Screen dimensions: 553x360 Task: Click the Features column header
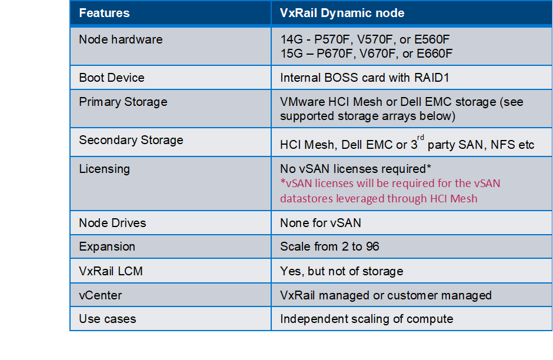point(104,13)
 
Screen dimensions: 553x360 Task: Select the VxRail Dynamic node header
point(342,13)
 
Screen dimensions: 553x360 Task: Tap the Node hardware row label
point(121,39)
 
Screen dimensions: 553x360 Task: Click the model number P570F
point(332,39)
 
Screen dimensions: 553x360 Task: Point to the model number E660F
point(434,54)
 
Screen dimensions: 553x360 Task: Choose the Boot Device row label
point(112,78)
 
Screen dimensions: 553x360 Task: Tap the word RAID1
point(431,78)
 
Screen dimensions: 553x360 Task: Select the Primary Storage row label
point(123,102)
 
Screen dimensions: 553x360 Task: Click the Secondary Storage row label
point(131,140)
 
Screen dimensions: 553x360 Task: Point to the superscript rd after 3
point(421,138)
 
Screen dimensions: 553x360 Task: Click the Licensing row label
point(104,169)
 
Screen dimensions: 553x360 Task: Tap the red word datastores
point(307,198)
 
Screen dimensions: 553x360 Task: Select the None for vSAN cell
point(321,223)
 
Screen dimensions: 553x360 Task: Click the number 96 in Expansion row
point(372,246)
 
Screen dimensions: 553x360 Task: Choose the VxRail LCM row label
point(111,271)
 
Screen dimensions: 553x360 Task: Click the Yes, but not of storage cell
point(341,271)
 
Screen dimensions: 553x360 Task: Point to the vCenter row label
point(101,295)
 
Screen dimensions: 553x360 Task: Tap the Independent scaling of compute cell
point(367,319)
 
